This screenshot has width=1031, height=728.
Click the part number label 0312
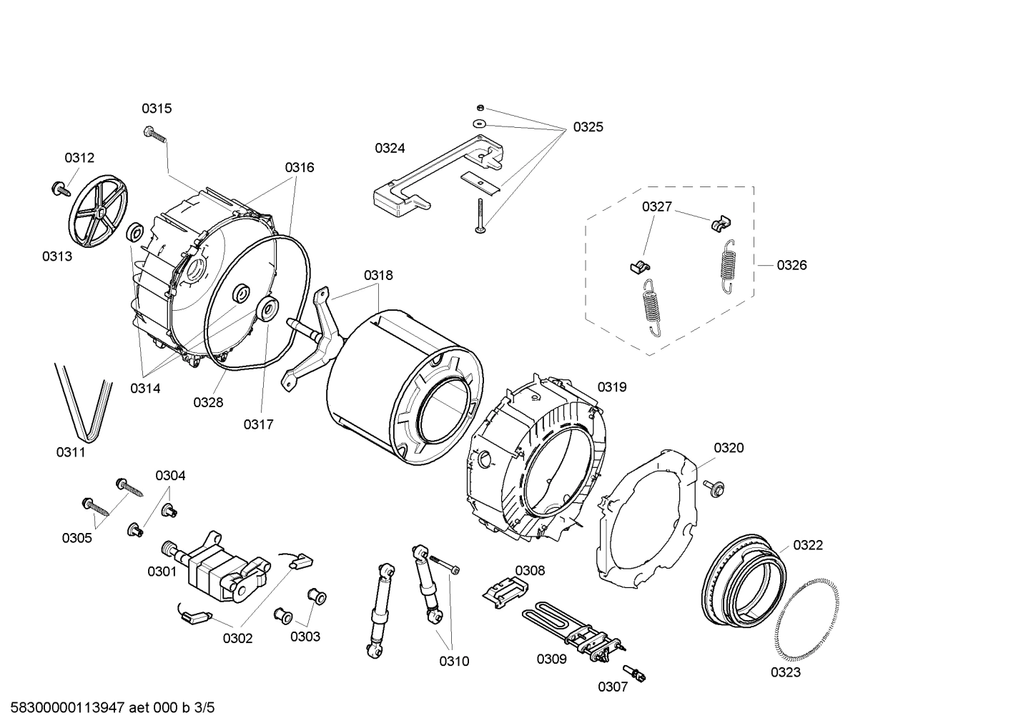(79, 158)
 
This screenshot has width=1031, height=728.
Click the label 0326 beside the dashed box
(791, 266)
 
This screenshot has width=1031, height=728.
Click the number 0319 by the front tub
(612, 387)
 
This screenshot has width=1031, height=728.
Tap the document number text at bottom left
(108, 708)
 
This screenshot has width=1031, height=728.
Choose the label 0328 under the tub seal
(208, 403)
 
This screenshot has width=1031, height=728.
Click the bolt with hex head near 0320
(714, 488)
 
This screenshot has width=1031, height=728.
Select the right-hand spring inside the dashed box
(728, 265)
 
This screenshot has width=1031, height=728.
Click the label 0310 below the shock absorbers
(454, 662)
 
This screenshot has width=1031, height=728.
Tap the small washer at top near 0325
(480, 124)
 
